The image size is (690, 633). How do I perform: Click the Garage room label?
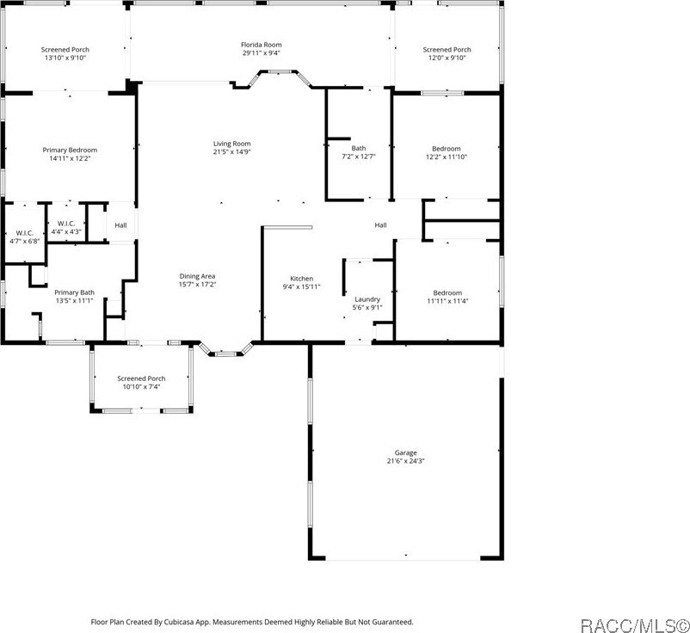[405, 452]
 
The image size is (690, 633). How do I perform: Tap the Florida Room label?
[261, 45]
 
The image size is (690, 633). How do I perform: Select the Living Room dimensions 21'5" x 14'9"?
[232, 152]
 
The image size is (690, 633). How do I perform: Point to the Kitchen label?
[301, 279]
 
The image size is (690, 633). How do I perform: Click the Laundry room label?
[367, 299]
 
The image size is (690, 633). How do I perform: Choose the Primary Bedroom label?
[70, 150]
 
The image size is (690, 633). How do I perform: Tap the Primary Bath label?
[74, 292]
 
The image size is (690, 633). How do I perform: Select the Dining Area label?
[197, 275]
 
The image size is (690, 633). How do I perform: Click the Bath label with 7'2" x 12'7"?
[358, 148]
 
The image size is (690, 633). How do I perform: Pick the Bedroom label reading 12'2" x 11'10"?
[447, 149]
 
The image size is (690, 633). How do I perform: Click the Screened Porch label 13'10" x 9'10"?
[65, 50]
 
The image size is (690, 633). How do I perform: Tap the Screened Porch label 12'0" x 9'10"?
[447, 50]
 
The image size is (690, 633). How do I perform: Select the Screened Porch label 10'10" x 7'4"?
[141, 378]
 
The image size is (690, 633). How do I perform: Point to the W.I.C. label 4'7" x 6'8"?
[24, 233]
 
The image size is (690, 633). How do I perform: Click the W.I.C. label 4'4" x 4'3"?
[67, 224]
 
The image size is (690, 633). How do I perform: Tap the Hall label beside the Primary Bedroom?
[120, 225]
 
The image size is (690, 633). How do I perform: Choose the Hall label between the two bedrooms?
[380, 225]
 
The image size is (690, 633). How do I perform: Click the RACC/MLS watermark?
[635, 623]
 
